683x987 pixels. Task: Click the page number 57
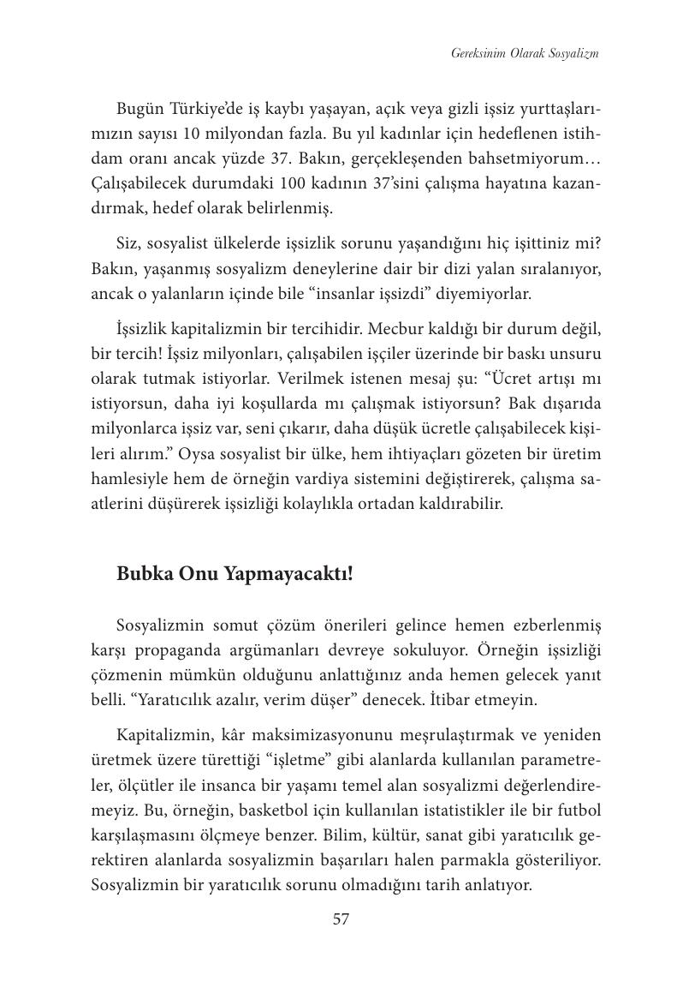(341, 919)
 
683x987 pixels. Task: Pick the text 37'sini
(393, 183)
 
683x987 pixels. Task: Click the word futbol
(579, 810)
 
